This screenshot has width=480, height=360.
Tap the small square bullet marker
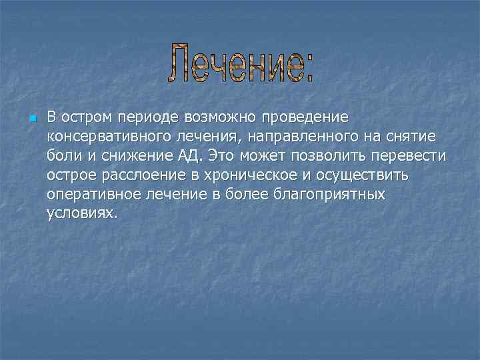tap(31, 119)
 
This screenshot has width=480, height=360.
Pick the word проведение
tap(305, 118)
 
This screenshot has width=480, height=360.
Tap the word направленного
tap(293, 137)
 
